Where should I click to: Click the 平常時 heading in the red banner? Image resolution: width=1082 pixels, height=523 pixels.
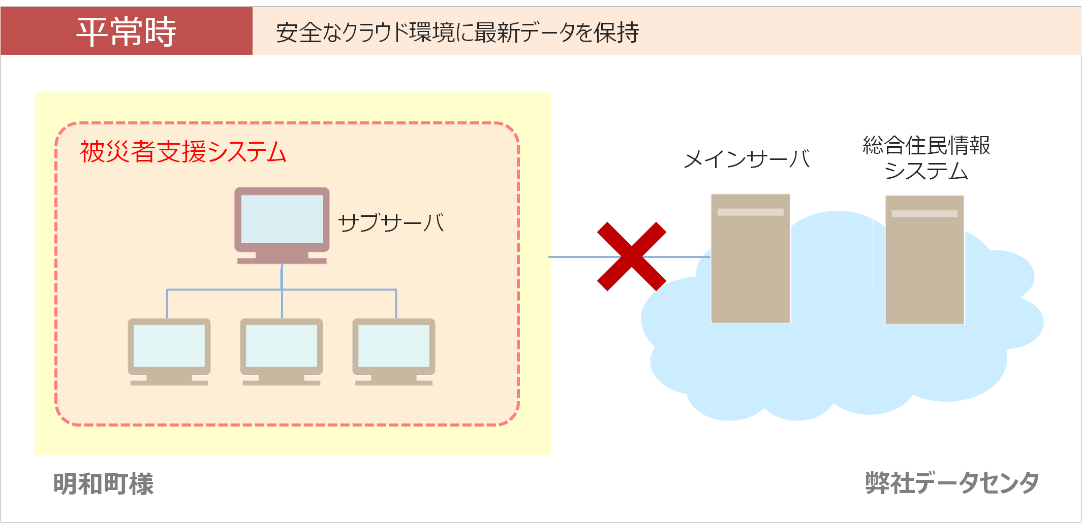(x=126, y=31)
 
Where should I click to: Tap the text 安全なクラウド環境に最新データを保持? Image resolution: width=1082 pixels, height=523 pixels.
(x=457, y=33)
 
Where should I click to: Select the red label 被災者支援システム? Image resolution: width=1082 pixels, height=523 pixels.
(x=183, y=152)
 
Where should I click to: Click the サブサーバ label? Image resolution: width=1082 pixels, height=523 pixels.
(x=391, y=222)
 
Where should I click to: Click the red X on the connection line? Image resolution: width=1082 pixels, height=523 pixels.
(x=631, y=256)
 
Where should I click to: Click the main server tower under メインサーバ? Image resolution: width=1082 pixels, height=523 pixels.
(x=750, y=264)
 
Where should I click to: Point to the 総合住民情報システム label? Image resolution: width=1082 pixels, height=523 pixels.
(x=926, y=158)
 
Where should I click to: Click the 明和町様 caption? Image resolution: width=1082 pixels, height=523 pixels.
(x=103, y=483)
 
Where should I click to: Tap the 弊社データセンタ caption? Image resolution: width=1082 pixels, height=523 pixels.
(x=952, y=482)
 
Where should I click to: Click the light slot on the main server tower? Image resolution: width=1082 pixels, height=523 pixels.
(x=750, y=212)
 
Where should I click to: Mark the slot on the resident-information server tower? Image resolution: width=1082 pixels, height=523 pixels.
(x=924, y=214)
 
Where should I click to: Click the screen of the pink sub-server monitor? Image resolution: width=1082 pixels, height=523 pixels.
(x=282, y=219)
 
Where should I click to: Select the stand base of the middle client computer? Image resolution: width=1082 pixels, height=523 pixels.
(x=282, y=383)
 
